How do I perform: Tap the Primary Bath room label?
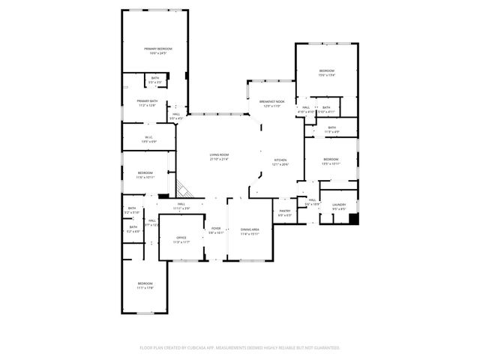(x=147, y=103)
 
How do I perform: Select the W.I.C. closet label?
(x=148, y=139)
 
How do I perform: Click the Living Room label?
(x=218, y=156)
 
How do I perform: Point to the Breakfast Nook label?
(x=271, y=103)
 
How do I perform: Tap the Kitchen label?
(x=280, y=162)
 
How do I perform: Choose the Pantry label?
(x=285, y=213)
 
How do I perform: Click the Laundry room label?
(x=339, y=206)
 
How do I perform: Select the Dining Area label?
(x=250, y=231)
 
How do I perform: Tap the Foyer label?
(x=216, y=230)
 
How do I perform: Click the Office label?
(x=181, y=239)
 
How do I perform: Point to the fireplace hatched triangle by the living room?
(x=182, y=188)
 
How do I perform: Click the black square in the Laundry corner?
(x=354, y=220)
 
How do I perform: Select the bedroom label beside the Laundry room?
(x=331, y=161)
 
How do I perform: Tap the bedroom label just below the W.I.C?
(x=145, y=175)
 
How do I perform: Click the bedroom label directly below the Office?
(x=145, y=286)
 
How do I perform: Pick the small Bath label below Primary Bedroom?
(x=155, y=79)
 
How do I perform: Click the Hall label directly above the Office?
(x=181, y=205)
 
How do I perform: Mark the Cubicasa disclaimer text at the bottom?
(x=239, y=348)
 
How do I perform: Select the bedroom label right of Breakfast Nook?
(x=326, y=73)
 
